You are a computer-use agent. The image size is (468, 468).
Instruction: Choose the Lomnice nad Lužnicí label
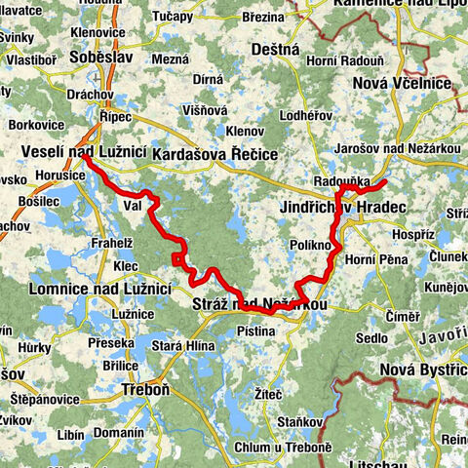(x=87, y=289)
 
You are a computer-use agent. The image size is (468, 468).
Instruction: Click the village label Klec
(x=126, y=264)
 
